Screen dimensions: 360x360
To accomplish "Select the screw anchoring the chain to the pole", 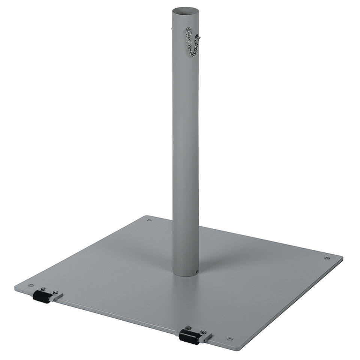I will coord(188,30).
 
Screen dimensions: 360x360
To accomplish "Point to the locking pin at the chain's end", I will coord(198,37).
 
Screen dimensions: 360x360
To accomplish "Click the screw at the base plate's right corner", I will coord(327,258).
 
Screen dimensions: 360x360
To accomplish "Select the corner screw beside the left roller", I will coord(31,285).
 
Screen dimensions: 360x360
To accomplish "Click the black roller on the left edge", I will coord(41,297).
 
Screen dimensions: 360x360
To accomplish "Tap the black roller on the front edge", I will coord(188,336).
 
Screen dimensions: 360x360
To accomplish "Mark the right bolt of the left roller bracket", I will coord(55,292).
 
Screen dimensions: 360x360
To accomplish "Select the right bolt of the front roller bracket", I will coord(203,332).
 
